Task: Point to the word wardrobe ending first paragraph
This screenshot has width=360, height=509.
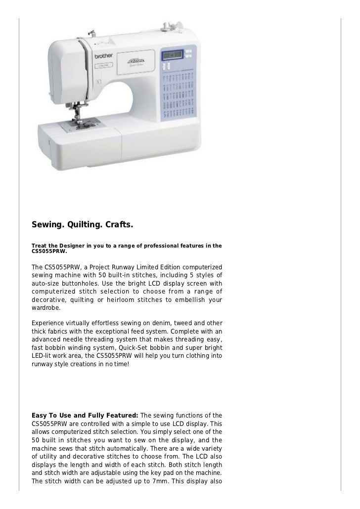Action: (45, 307)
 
